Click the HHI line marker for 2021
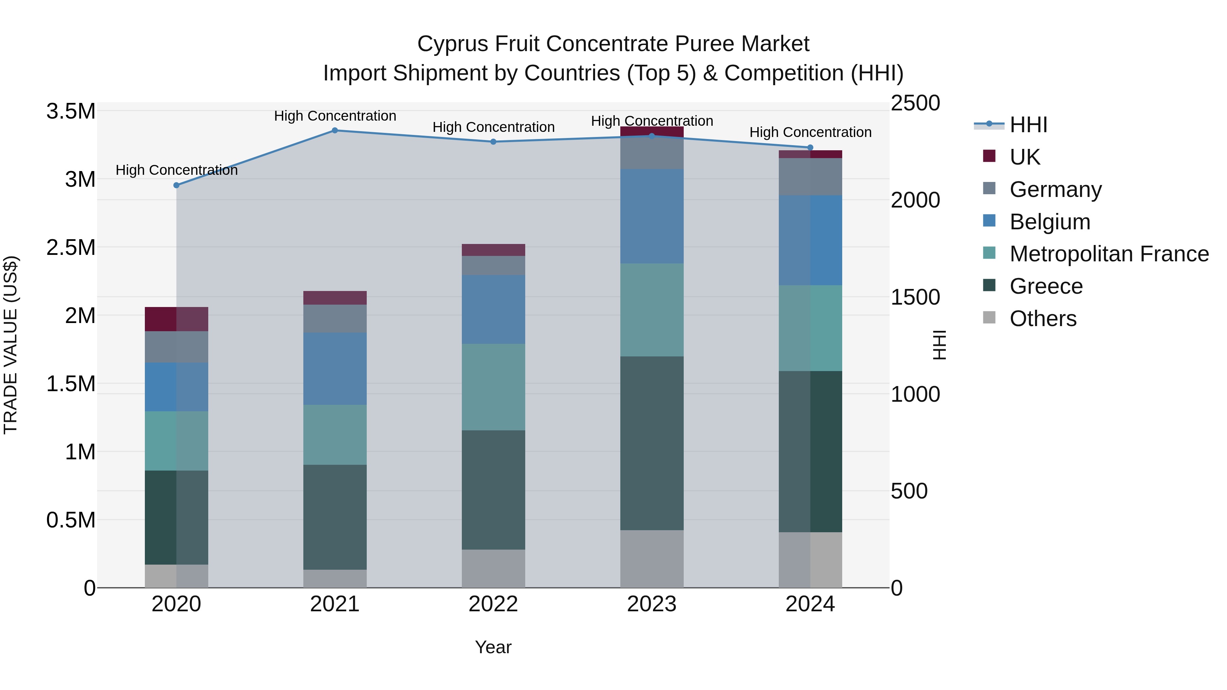[335, 131]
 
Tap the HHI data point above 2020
[176, 185]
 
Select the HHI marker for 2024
[810, 148]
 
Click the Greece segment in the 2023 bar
[652, 443]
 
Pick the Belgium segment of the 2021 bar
[335, 369]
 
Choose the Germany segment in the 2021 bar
[335, 319]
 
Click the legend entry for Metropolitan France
[1109, 254]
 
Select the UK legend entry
[1025, 157]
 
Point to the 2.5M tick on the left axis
[71, 248]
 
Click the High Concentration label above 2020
[176, 170]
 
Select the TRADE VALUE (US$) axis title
[11, 345]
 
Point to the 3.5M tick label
[71, 111]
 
